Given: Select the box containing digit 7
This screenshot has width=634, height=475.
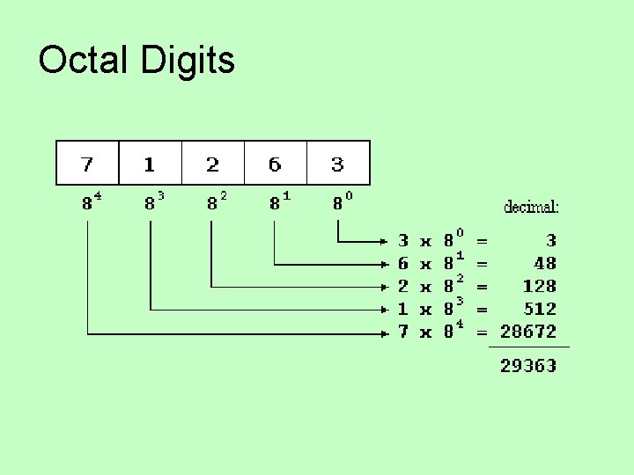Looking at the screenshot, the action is (87, 164).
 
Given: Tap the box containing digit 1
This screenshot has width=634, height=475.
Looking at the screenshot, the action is (150, 164).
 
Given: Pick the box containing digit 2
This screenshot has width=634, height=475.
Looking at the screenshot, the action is (212, 164).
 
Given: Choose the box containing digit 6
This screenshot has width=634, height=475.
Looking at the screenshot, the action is (275, 164).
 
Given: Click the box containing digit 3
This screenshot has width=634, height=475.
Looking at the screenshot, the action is (338, 164).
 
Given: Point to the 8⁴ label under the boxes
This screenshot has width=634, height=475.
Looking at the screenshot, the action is (92, 202).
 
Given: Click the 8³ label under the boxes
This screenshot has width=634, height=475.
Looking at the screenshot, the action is (154, 202).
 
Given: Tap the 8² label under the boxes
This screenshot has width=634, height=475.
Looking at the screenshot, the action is (217, 202).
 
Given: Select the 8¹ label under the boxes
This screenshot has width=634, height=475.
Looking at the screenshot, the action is (279, 202).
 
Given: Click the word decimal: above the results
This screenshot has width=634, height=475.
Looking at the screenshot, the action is (531, 208).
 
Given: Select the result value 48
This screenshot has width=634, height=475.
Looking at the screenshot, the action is (545, 263).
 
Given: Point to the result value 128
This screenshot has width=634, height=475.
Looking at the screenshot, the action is (539, 286).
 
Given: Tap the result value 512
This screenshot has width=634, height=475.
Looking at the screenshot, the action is (539, 309).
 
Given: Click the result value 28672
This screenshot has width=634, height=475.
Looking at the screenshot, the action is (528, 332).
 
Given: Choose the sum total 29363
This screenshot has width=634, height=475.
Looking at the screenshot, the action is (528, 365).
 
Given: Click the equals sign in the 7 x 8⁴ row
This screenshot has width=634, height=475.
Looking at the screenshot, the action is (482, 332).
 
